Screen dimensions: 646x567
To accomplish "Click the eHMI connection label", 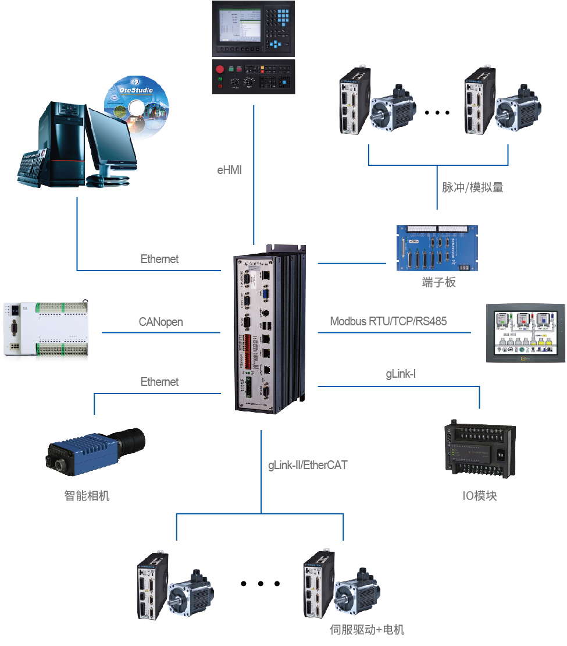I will (229, 171).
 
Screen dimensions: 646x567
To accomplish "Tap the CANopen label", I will (161, 322).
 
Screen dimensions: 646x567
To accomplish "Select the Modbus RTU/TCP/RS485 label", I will (388, 321).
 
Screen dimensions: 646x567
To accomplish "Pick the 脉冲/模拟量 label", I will (472, 187).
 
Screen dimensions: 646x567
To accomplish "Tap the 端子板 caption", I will (439, 283).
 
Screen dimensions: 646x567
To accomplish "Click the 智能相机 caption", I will (87, 496).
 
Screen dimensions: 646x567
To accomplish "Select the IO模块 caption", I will (480, 496).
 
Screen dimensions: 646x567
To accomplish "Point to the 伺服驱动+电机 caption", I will (367, 630).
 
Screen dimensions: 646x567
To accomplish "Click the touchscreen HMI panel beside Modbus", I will (526, 334).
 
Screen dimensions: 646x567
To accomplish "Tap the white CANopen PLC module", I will (46, 329).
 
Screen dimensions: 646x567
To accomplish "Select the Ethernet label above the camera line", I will (160, 382).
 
